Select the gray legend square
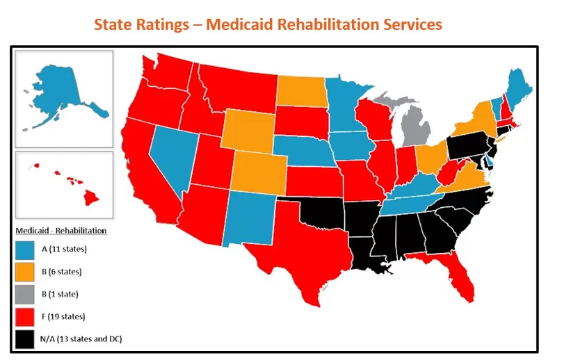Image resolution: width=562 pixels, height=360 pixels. (24, 294)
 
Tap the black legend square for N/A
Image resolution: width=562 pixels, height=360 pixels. (24, 338)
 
